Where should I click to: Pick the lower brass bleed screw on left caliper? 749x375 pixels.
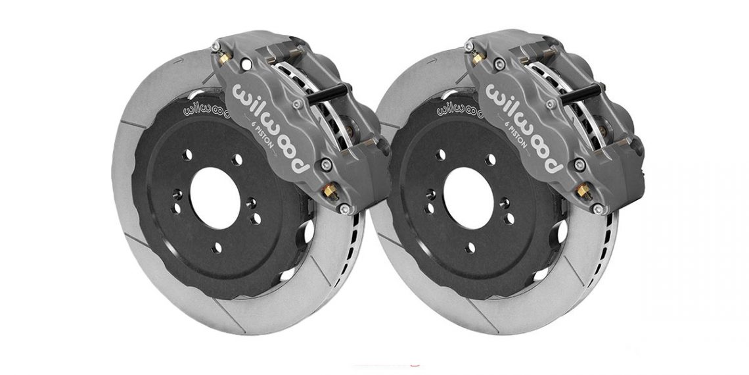coord(328,189)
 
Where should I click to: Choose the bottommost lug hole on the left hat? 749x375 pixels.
coord(217,247)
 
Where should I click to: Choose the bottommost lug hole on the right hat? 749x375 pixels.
coord(471,247)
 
